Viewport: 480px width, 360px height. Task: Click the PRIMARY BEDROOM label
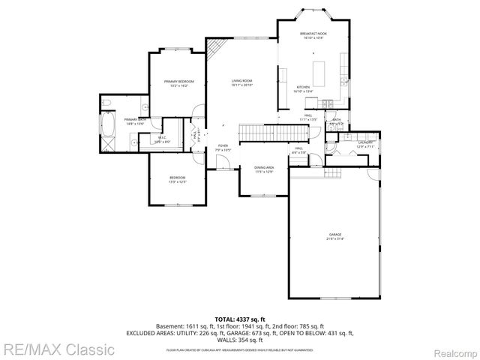(179, 81)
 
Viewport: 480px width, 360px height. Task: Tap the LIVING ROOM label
(241, 80)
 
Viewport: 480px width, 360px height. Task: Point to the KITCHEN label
(303, 87)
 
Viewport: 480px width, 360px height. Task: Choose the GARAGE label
(334, 235)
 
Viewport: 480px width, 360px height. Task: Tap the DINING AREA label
(263, 167)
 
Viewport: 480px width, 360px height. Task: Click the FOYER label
(223, 145)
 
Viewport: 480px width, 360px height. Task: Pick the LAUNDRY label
(365, 142)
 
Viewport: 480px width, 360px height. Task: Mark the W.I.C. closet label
(162, 137)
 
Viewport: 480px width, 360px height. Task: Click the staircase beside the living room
(274, 132)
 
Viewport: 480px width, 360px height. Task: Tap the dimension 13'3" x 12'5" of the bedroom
(177, 182)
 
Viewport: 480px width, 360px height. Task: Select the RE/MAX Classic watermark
(58, 349)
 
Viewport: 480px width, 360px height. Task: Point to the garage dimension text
(334, 240)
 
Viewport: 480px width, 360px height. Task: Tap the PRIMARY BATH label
(135, 119)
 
